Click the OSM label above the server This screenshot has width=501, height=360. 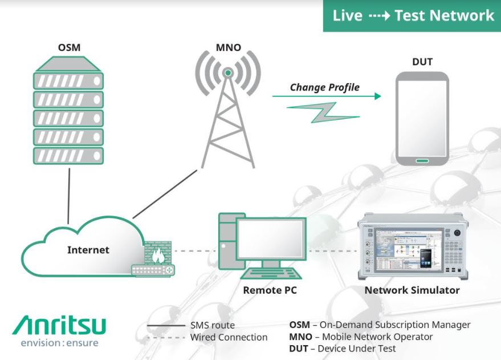(69, 48)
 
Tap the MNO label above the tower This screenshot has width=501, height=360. (227, 48)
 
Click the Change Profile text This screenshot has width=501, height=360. (325, 87)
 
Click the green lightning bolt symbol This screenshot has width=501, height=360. (323, 112)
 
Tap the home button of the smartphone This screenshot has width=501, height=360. (422, 160)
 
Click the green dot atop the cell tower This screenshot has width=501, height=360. (227, 73)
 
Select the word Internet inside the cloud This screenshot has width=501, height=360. (88, 249)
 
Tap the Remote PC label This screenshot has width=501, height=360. (270, 290)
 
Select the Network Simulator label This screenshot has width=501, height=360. (412, 290)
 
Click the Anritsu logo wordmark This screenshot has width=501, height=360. (59, 326)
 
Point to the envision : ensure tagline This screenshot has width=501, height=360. (59, 343)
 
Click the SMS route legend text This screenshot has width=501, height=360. (212, 325)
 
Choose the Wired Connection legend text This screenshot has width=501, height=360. (229, 337)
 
